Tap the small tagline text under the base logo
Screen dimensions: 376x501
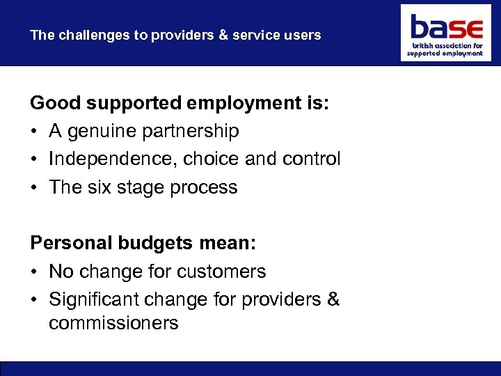(445, 49)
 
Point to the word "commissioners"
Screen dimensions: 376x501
(113, 323)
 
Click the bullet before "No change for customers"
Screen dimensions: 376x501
(34, 272)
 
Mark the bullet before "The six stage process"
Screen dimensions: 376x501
(34, 187)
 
